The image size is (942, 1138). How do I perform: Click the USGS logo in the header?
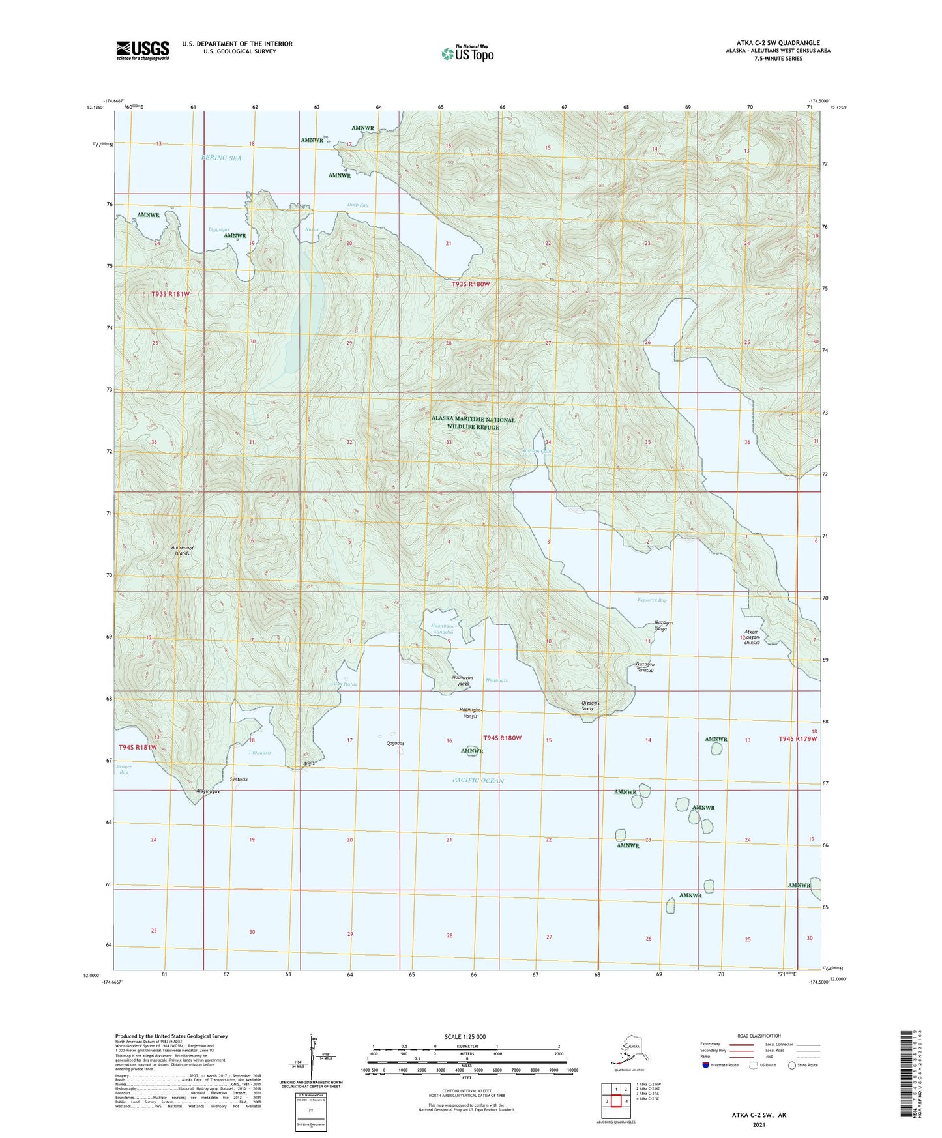pyautogui.click(x=143, y=50)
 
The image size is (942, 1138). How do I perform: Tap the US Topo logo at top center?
pyautogui.click(x=467, y=53)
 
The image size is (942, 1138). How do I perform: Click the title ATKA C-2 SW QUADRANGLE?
pyautogui.click(x=774, y=43)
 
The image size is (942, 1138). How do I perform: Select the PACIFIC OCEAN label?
pyautogui.click(x=478, y=780)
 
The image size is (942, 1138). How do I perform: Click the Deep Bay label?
pyautogui.click(x=357, y=205)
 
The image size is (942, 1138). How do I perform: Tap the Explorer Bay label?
pyautogui.click(x=652, y=600)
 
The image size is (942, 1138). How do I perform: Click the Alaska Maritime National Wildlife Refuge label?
pyautogui.click(x=473, y=424)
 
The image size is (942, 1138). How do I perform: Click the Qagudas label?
pyautogui.click(x=395, y=743)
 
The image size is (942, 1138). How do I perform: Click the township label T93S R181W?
pyautogui.click(x=170, y=294)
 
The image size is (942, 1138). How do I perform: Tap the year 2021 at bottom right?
pyautogui.click(x=758, y=1124)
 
